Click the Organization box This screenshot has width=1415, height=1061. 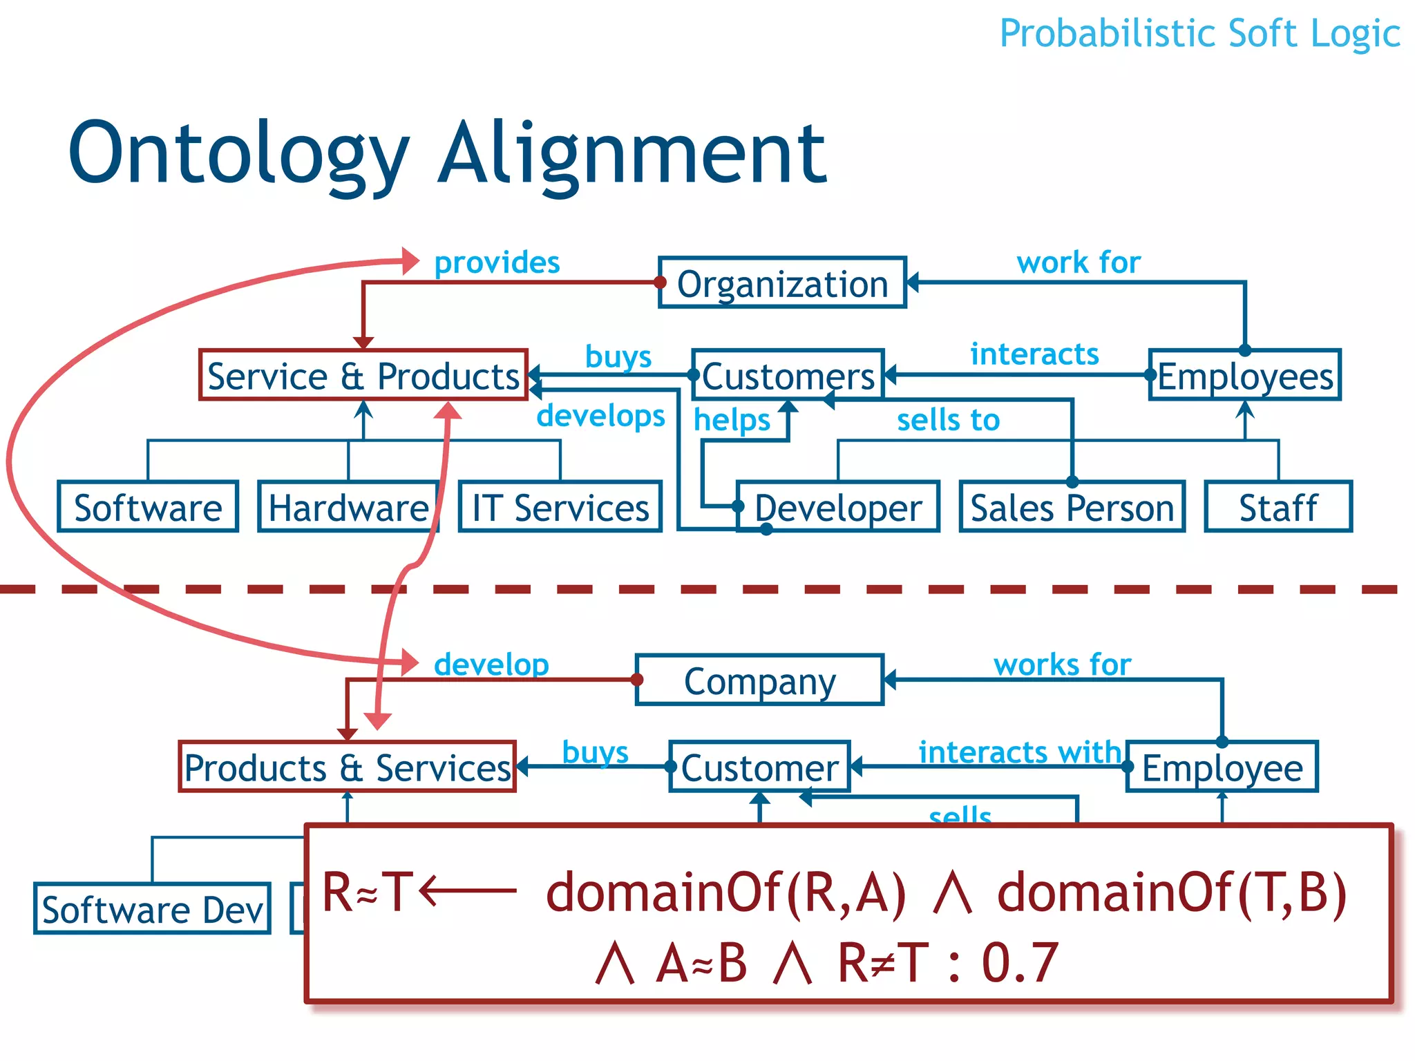click(x=782, y=283)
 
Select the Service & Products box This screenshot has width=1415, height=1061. click(x=363, y=376)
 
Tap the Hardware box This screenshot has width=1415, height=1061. click(x=348, y=508)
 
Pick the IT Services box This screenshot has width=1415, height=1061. click(x=560, y=508)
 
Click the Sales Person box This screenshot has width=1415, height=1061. click(x=1072, y=508)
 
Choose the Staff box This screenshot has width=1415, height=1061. click(x=1278, y=508)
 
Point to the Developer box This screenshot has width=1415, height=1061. click(x=837, y=508)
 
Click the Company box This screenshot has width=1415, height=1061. click(x=759, y=681)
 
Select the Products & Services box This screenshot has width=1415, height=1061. click(x=347, y=767)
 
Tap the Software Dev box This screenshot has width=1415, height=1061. click(x=152, y=909)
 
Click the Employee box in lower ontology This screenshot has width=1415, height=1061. click(x=1222, y=767)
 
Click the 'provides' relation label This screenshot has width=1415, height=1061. click(x=497, y=263)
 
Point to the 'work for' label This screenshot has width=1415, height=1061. click(x=1078, y=263)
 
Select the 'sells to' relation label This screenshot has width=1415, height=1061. click(x=948, y=420)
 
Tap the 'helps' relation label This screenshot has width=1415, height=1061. click(x=732, y=420)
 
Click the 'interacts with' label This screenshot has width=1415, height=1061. click(x=1020, y=752)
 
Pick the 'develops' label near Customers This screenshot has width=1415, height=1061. click(x=600, y=416)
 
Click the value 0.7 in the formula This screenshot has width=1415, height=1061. click(x=1020, y=962)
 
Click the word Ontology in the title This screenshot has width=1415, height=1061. click(x=238, y=153)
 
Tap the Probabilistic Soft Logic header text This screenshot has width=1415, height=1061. click(x=1199, y=33)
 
